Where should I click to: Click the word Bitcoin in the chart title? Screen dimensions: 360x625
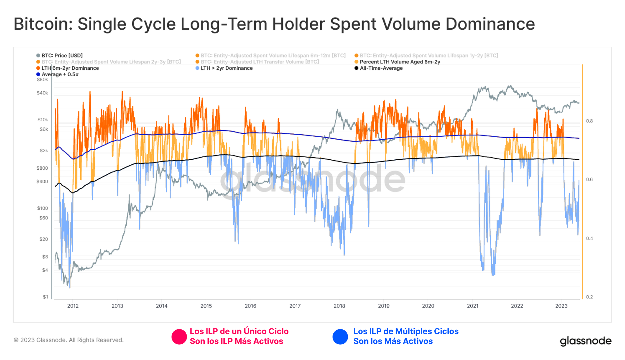pyautogui.click(x=42, y=24)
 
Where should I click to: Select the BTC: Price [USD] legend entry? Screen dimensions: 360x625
pyautogui.click(x=62, y=56)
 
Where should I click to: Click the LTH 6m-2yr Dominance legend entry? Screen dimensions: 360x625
pyautogui.click(x=70, y=68)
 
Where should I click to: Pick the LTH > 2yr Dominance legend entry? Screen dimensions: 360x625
pyautogui.click(x=226, y=68)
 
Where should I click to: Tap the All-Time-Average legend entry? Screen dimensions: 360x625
pyautogui.click(x=381, y=68)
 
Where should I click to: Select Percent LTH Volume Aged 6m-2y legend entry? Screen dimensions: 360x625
pyautogui.click(x=400, y=62)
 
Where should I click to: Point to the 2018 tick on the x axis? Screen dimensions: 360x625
pyautogui.click(x=339, y=306)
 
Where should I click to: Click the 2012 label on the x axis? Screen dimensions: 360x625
pyautogui.click(x=73, y=306)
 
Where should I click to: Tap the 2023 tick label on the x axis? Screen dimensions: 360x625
pyautogui.click(x=561, y=306)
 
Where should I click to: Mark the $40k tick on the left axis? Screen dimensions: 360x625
pyautogui.click(x=42, y=93)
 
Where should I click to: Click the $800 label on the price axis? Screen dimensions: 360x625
pyautogui.click(x=42, y=168)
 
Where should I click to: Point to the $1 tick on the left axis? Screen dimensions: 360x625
pyautogui.click(x=45, y=297)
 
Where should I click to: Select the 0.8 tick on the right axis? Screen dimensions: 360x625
pyautogui.click(x=589, y=121)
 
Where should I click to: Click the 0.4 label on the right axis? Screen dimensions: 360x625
pyautogui.click(x=589, y=238)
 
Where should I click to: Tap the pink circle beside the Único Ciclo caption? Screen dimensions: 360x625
pyautogui.click(x=179, y=337)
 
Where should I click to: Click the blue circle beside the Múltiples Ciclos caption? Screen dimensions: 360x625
pyautogui.click(x=340, y=337)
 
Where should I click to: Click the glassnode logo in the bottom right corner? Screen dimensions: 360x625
pyautogui.click(x=585, y=341)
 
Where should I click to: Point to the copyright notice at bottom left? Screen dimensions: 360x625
pyautogui.click(x=69, y=340)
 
